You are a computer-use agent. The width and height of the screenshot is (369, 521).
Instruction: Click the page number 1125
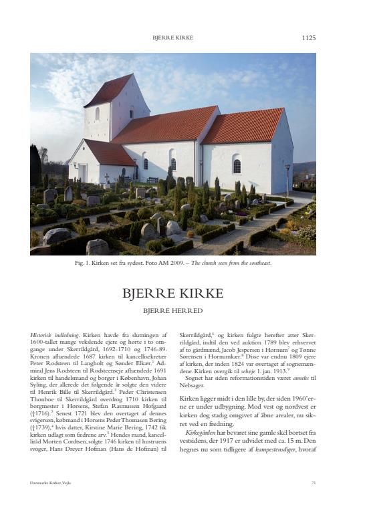[308, 38]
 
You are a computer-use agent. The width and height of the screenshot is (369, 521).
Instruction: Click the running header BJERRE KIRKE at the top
[173, 38]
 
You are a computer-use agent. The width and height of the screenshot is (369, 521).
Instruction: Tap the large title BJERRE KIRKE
[173, 294]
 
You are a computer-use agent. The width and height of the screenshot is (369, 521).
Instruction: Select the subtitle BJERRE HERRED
[173, 310]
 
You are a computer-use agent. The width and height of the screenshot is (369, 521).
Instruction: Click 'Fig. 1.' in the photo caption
[84, 263]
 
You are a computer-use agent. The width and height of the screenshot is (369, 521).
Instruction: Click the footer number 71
[314, 482]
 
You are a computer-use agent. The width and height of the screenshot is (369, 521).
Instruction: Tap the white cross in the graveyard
[106, 179]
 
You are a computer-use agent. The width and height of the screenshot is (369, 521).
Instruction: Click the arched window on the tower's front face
[97, 114]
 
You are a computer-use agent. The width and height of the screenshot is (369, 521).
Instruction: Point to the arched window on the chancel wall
[237, 164]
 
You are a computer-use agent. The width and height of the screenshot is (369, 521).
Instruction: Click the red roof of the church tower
[108, 90]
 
